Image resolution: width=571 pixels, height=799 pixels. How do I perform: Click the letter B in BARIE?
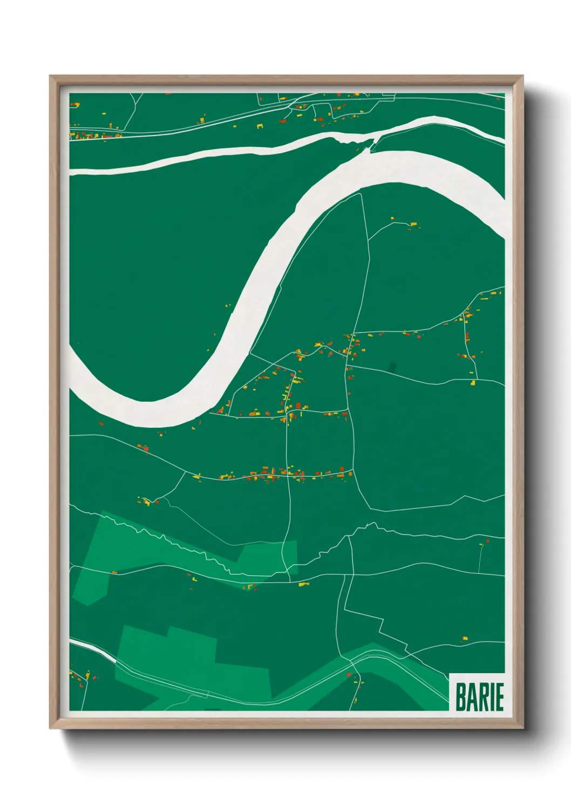click(461, 697)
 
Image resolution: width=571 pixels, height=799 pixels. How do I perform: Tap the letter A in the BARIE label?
click(473, 697)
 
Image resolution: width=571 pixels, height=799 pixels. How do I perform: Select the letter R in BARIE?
click(485, 697)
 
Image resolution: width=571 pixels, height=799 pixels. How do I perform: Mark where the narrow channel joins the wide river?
click(371, 145)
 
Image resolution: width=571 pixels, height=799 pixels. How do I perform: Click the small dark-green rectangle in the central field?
click(392, 367)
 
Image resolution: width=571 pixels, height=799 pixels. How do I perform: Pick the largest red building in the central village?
click(298, 405)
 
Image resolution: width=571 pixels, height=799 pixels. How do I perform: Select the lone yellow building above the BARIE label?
click(465, 639)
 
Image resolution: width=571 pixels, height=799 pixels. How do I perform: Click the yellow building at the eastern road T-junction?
click(473, 383)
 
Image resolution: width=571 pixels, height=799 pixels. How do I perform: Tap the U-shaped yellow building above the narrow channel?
click(260, 126)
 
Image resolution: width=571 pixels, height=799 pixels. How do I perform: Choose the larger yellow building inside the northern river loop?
click(414, 224)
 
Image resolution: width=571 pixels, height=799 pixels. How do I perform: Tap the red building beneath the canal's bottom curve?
click(349, 674)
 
